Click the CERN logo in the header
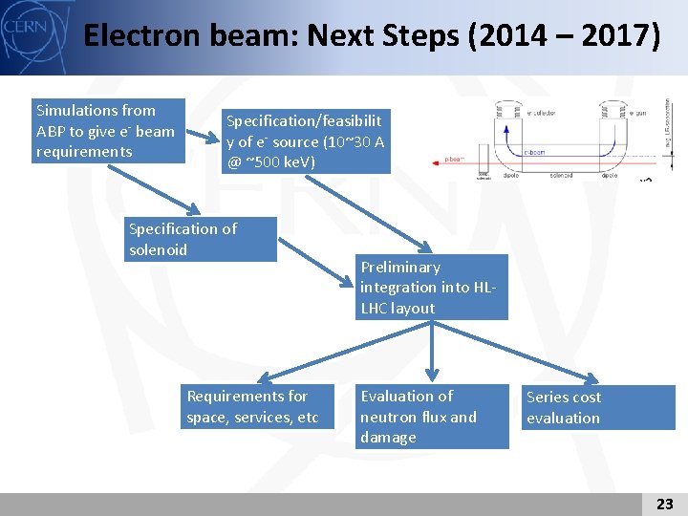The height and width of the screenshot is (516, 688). tap(23, 27)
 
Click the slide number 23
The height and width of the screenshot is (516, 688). tap(665, 504)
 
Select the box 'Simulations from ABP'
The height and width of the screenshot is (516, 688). tap(108, 131)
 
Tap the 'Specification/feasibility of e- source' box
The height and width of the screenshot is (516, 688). tap(305, 141)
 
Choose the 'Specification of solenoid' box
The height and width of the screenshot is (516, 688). tap(202, 239)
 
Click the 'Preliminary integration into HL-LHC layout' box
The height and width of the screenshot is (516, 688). tap(432, 288)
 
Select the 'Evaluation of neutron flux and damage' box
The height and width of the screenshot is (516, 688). tap(433, 417)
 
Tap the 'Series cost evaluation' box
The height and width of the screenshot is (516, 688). tap(598, 407)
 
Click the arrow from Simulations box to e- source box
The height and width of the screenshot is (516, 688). tap(202, 134)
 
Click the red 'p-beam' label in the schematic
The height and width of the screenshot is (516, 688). tap(455, 160)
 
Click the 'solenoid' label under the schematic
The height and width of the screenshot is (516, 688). tap(561, 176)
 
